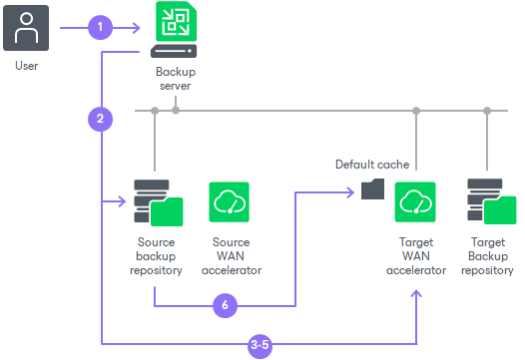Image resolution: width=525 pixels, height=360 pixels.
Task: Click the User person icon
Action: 26,28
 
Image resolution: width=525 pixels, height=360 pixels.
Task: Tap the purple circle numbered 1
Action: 100,28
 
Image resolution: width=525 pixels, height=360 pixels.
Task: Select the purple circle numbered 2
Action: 100,119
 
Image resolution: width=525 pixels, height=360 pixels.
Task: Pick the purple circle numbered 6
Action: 225,305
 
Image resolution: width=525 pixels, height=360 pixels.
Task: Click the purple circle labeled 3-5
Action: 260,346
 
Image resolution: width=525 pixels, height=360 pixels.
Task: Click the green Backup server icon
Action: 174,30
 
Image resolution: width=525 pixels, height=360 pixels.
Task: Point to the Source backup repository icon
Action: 159,202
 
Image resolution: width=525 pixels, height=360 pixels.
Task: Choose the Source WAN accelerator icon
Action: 229,202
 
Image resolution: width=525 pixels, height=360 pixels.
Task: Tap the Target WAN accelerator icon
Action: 415,202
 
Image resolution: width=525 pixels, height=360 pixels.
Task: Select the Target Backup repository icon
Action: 491,201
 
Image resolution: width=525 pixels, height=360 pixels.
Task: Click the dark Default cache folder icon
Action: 372,189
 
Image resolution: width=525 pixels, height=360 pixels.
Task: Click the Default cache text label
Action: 372,165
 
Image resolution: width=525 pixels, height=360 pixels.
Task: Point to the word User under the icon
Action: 27,66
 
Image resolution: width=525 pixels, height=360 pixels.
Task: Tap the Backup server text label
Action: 176,79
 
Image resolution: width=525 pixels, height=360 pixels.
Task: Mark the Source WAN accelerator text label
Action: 232,256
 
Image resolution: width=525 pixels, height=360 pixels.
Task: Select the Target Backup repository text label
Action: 487,256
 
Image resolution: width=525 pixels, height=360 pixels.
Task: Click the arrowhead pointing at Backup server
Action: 137,28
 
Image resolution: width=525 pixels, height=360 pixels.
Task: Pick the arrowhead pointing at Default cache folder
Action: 350,192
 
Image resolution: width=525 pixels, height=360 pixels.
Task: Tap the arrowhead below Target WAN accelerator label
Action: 416,293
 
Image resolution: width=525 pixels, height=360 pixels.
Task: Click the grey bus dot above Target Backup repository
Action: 487,111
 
